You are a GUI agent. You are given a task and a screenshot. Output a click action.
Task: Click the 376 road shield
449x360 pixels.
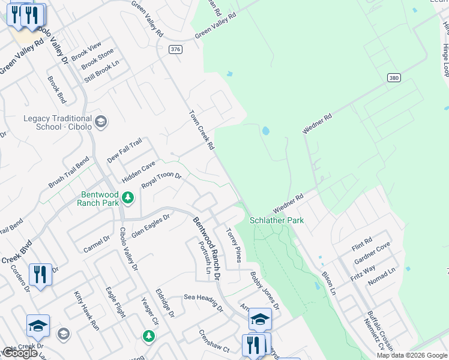175,49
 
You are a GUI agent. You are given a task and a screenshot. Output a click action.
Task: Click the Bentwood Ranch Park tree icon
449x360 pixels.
127,197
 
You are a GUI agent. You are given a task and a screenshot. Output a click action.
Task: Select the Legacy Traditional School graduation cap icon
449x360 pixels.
100,122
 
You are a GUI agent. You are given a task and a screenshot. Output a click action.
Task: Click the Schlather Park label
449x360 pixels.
277,220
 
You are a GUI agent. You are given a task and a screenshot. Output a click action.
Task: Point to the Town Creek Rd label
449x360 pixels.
202,129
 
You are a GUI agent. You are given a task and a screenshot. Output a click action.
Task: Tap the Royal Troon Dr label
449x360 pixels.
161,180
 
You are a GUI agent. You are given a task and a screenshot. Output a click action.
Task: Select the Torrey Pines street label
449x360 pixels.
234,245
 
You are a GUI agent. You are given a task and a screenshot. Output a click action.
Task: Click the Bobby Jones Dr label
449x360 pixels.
265,290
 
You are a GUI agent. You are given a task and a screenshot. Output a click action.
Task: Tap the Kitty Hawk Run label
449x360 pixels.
86,310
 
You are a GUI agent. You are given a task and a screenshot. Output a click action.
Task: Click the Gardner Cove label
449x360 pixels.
372,254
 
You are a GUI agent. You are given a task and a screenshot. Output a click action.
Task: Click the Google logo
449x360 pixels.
20,353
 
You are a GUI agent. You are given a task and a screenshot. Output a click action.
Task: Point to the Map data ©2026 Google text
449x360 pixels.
412,355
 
